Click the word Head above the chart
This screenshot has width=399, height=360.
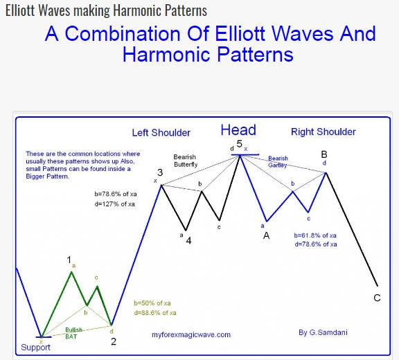tap(238, 130)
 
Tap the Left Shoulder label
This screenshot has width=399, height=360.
tap(161, 133)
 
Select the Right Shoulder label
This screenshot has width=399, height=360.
tap(323, 132)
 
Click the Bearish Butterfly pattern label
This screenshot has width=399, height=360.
tap(186, 161)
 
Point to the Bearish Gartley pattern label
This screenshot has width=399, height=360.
tap(278, 162)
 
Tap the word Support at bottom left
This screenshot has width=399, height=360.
tap(35, 348)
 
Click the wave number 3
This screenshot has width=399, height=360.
tap(160, 172)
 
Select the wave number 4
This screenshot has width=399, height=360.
tap(188, 240)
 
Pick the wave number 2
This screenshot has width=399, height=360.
tap(114, 341)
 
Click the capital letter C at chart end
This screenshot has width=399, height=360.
tap(377, 298)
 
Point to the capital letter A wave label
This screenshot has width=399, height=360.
tap(266, 235)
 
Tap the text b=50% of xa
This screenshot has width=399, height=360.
tap(152, 303)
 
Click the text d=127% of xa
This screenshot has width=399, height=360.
tap(114, 204)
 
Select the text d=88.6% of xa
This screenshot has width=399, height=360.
tap(155, 313)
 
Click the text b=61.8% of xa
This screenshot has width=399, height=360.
tap(315, 235)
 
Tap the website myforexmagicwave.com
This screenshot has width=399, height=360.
tap(191, 334)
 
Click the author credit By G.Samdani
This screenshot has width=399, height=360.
tap(323, 332)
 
